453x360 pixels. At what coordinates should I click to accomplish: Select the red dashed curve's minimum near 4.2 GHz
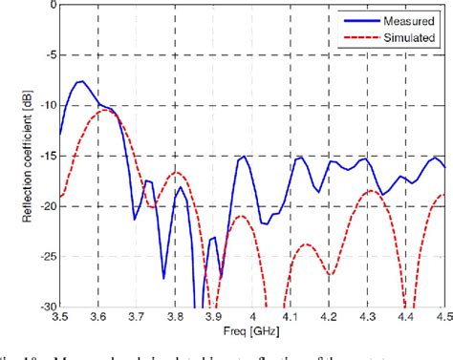329,275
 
